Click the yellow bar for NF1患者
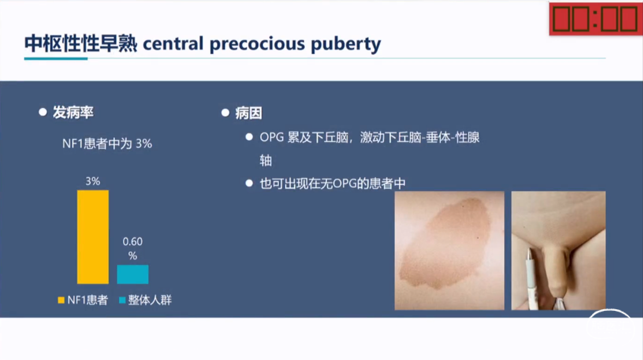[x=93, y=237]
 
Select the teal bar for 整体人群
[x=133, y=274]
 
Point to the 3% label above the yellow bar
[x=93, y=182]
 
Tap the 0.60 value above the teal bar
[x=133, y=242]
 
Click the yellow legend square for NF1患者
[x=61, y=300]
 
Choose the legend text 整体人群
[x=150, y=300]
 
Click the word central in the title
[x=173, y=44]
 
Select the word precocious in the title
[x=257, y=44]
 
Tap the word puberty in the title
[x=346, y=44]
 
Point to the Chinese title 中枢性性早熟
[x=81, y=44]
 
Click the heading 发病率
[x=73, y=112]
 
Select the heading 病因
[x=248, y=113]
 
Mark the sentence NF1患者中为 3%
[x=107, y=144]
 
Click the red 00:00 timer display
[x=596, y=19]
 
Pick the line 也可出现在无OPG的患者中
[x=332, y=183]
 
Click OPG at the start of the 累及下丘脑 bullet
[x=272, y=137]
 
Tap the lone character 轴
[x=266, y=160]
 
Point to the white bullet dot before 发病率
[x=43, y=112]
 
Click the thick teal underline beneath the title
[x=56, y=58]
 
